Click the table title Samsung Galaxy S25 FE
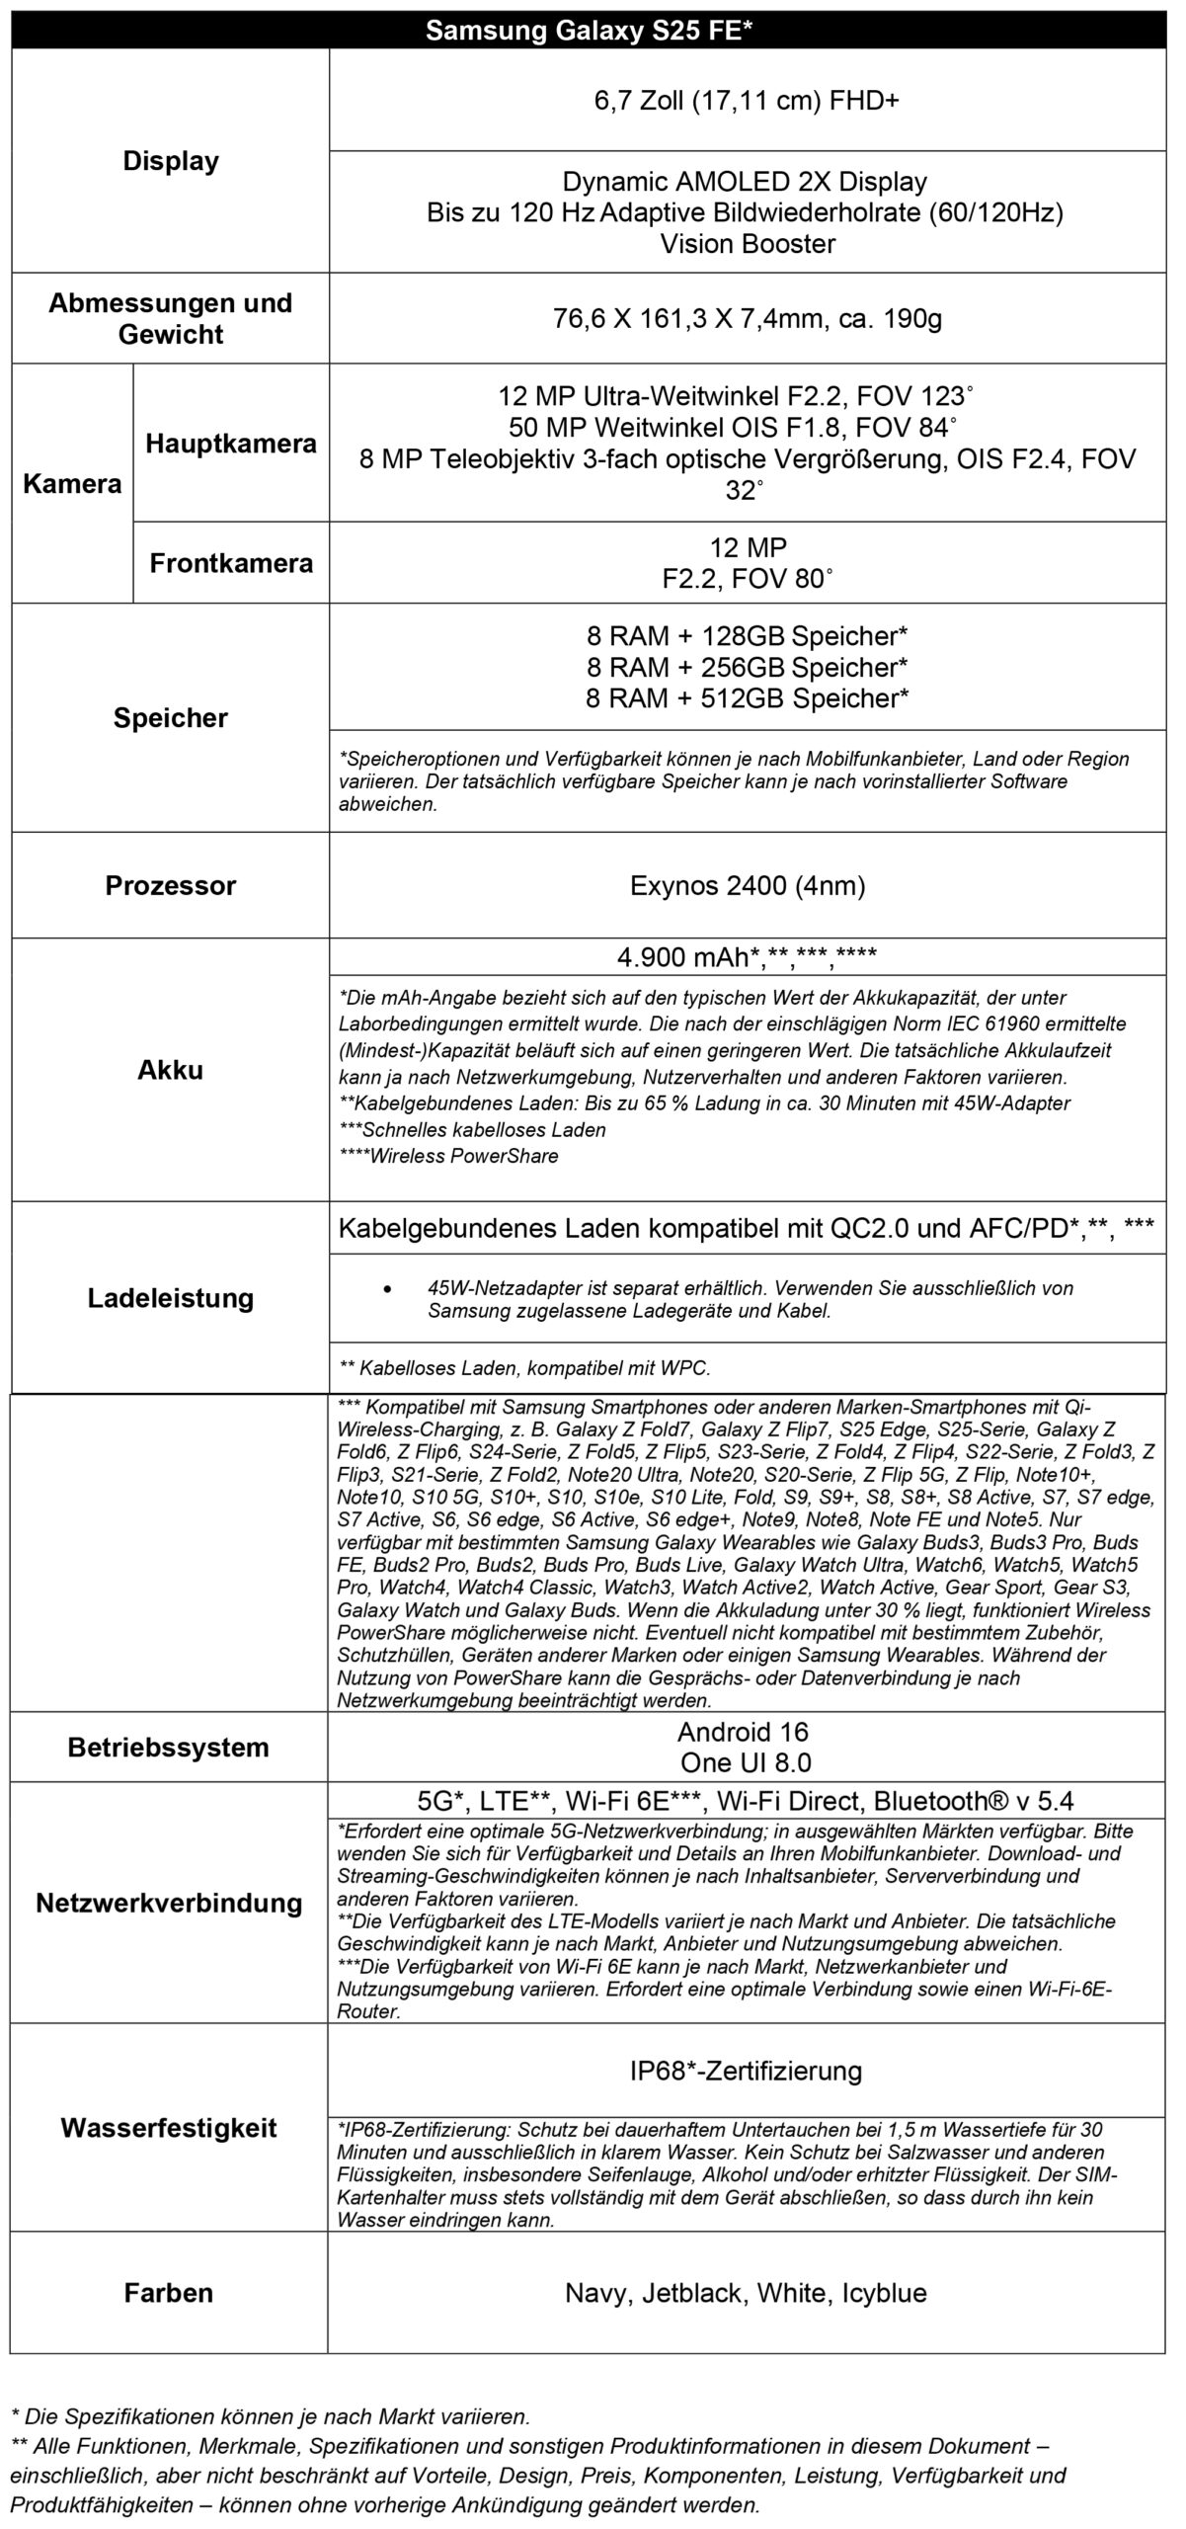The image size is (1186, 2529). (x=589, y=32)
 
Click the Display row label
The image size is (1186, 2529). (x=170, y=161)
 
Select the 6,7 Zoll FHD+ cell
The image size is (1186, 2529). (x=747, y=101)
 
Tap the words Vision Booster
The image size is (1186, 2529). (x=747, y=244)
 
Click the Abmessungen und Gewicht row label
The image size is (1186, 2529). (x=170, y=318)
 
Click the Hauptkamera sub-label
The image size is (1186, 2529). (x=231, y=444)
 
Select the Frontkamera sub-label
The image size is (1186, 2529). (x=231, y=563)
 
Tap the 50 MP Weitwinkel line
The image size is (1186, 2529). (x=733, y=428)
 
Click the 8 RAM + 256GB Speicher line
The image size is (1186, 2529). (x=747, y=667)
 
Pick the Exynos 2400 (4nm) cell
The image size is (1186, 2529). (x=747, y=885)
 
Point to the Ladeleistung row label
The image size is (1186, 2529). (x=170, y=1297)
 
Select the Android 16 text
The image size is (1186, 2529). (x=742, y=1731)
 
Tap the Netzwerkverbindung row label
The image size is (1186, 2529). (x=169, y=1903)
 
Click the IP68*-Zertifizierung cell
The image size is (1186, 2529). (x=747, y=2070)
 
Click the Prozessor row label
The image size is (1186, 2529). (x=170, y=885)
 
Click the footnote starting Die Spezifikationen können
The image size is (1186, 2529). (x=270, y=2416)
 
